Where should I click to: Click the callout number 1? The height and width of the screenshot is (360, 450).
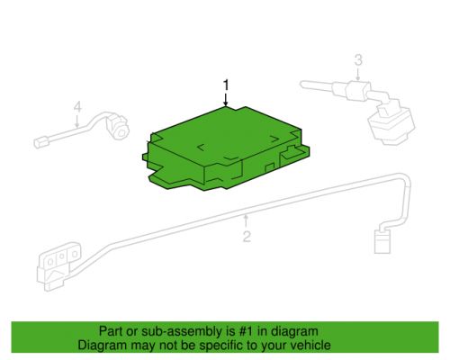click(x=226, y=85)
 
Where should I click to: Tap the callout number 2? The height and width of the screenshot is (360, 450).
click(x=247, y=237)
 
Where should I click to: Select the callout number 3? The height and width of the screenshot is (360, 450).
click(x=358, y=59)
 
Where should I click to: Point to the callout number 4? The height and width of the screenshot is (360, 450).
click(x=77, y=107)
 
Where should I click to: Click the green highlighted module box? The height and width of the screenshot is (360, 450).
click(x=226, y=148)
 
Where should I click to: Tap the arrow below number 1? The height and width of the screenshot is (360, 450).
click(x=226, y=99)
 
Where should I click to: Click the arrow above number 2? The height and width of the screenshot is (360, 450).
click(x=246, y=220)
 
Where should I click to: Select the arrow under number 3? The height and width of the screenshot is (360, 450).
click(x=358, y=74)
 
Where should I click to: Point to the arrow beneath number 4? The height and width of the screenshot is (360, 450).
click(x=77, y=121)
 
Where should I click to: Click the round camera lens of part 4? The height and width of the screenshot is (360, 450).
click(x=121, y=132)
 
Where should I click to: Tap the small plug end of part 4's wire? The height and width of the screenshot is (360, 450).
click(x=40, y=142)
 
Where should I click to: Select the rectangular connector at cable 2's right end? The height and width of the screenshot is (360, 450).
click(x=382, y=242)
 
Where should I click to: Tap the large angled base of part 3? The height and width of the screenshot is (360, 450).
click(x=391, y=125)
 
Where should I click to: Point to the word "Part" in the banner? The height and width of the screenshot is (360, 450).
click(x=111, y=331)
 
